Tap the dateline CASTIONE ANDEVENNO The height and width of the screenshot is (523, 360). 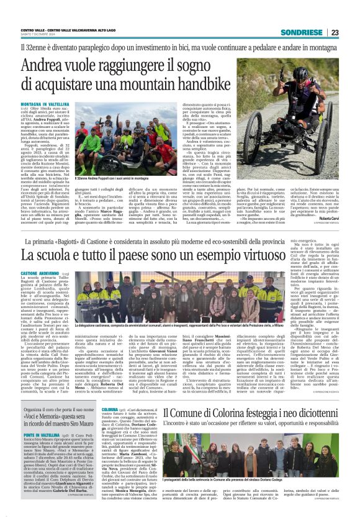(x=39, y=273)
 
